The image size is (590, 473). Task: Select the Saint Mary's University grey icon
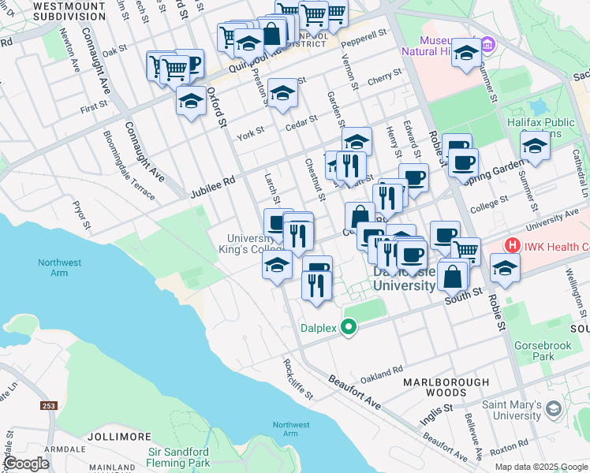554,408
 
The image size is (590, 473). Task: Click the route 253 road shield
49,405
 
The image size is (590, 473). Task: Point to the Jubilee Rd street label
213,187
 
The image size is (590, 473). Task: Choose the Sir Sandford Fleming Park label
179,458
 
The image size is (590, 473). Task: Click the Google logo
26,464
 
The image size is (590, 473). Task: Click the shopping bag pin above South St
454,275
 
